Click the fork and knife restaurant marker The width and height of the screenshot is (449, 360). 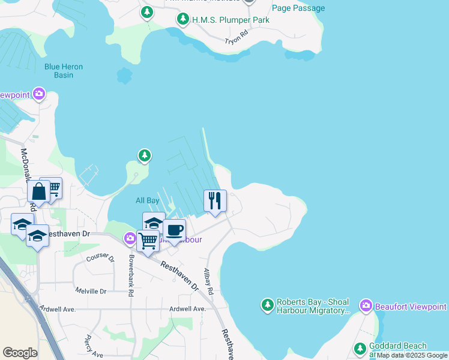click(x=215, y=200)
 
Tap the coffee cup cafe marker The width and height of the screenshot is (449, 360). click(x=174, y=230)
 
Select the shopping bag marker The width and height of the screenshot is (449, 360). click(x=38, y=192)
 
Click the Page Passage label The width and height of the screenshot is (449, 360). click(x=298, y=8)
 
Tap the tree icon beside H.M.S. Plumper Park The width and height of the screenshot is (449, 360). click(x=183, y=20)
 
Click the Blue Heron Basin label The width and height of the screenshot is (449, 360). click(x=64, y=71)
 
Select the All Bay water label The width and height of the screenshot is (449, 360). click(x=147, y=200)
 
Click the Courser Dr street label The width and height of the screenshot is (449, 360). click(x=100, y=257)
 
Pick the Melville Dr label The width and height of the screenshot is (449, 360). click(x=91, y=291)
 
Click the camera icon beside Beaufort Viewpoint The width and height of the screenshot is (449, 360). click(x=366, y=307)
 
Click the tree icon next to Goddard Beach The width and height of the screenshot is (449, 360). click(x=360, y=348)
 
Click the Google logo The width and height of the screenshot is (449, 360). click(x=20, y=353)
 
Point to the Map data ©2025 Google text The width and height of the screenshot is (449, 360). click(x=412, y=356)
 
